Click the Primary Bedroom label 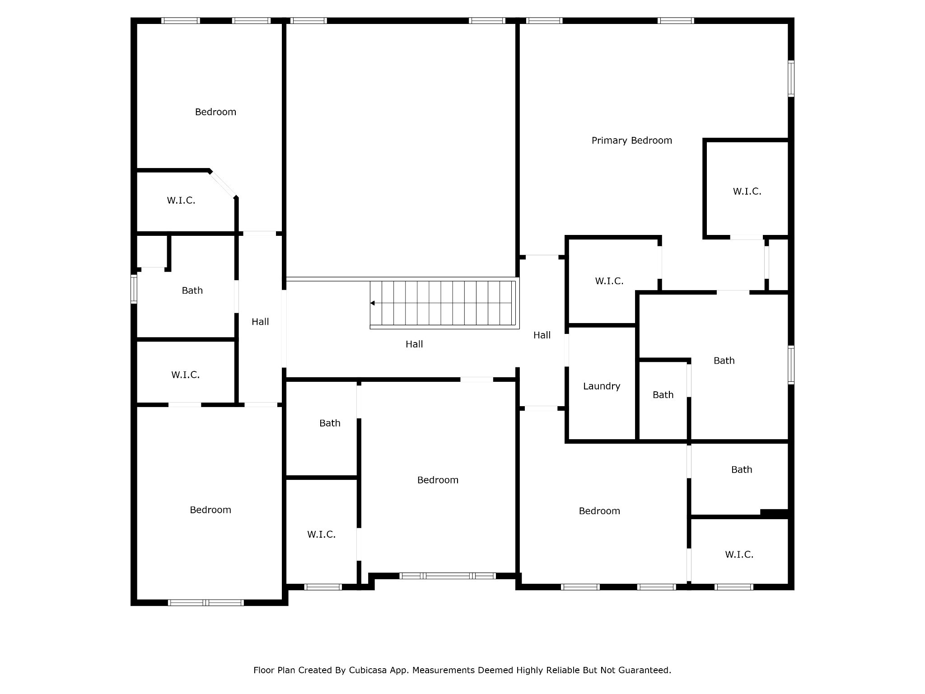tap(631, 141)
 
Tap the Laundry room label tap(602, 386)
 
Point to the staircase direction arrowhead tap(373, 303)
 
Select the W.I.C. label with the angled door tap(181, 201)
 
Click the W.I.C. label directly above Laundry tap(609, 281)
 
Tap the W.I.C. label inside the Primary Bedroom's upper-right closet tap(747, 192)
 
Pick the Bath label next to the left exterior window tap(192, 291)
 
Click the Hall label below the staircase tap(414, 344)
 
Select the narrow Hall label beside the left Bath tap(260, 322)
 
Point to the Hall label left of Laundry tap(542, 335)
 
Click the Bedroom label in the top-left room tap(215, 112)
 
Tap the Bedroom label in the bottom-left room tap(210, 510)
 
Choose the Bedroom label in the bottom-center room tap(438, 480)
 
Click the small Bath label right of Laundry tap(663, 395)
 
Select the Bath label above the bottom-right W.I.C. tap(742, 470)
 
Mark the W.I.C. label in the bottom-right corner tap(739, 555)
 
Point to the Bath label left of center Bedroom tap(330, 423)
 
